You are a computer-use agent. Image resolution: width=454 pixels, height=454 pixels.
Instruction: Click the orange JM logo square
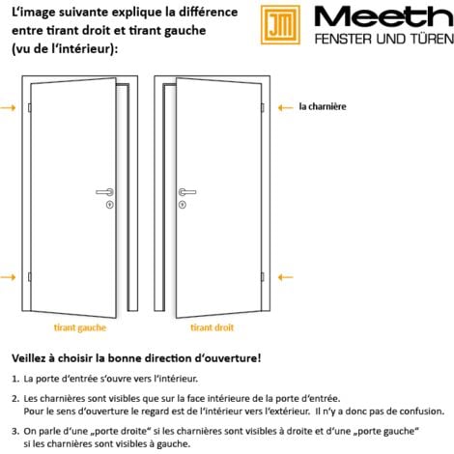tap(283, 26)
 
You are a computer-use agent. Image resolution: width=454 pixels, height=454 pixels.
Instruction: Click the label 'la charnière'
tap(322, 107)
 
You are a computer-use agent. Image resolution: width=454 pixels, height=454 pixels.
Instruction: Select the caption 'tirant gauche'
tap(80, 327)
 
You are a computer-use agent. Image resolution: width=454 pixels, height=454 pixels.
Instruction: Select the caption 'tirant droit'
tap(211, 327)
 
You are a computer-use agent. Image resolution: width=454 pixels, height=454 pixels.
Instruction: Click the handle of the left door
tap(104, 192)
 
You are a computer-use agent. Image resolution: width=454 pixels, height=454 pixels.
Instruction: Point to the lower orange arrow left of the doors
tap(8, 277)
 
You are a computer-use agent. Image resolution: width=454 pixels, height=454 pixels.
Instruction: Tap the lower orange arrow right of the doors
tap(284, 277)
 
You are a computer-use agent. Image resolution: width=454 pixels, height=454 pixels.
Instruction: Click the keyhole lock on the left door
tap(109, 204)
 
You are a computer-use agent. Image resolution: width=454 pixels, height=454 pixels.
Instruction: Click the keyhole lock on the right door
tap(181, 204)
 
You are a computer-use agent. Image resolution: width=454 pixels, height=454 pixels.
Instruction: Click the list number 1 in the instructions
tap(15, 379)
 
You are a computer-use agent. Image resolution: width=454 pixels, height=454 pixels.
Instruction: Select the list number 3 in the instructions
tap(15, 431)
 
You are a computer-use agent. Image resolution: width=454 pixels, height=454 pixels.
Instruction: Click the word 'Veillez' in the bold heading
tap(31, 357)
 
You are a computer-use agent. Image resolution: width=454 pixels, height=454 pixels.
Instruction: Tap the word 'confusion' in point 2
tap(417, 410)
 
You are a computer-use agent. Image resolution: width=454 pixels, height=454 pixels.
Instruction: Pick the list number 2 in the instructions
tap(15, 397)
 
